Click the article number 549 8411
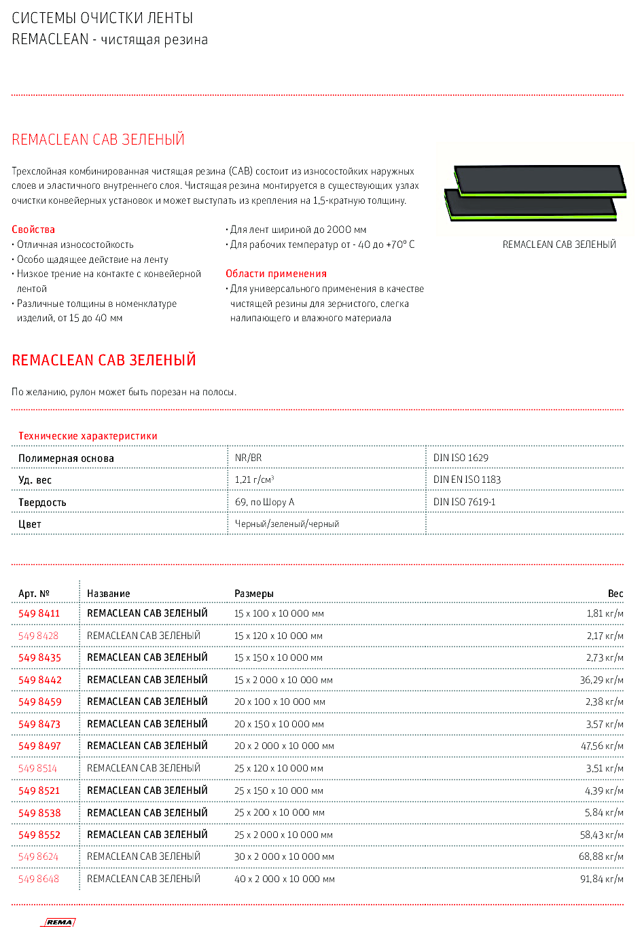click(39, 613)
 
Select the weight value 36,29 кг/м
click(601, 680)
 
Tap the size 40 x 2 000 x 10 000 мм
click(284, 879)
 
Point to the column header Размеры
click(253, 594)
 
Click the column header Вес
click(615, 594)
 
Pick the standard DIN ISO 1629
click(461, 458)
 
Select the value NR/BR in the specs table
click(248, 458)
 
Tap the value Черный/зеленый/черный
click(287, 524)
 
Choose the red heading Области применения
click(276, 274)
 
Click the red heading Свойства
click(33, 230)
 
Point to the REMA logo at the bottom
click(59, 922)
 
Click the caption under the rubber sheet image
click(559, 244)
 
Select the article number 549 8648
click(39, 879)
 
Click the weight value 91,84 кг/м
click(601, 879)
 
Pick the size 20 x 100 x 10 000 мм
click(279, 702)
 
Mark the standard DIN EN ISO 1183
click(467, 479)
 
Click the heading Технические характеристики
click(88, 436)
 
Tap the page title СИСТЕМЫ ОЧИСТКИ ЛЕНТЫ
click(103, 18)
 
